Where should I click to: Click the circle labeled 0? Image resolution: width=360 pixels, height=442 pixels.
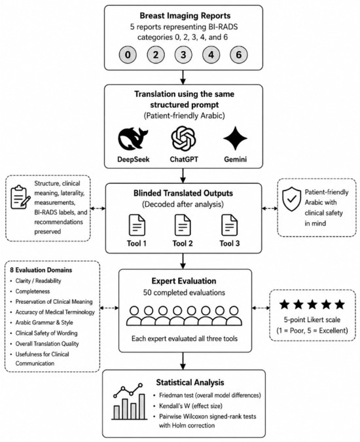coord(128,54)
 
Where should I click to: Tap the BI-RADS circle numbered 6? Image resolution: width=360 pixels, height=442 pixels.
coord(239,54)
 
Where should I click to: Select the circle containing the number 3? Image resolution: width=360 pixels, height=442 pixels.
coord(183,54)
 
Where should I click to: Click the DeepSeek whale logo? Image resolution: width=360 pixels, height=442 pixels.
coord(133,139)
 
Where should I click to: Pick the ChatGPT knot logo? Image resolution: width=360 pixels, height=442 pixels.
coord(183,138)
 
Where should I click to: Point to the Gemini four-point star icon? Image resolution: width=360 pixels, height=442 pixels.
coord(235,138)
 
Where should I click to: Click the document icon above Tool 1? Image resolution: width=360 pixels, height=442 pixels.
coord(137,225)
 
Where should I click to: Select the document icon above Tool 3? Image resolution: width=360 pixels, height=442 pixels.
coord(229,225)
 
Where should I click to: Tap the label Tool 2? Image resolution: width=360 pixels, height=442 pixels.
coord(183,244)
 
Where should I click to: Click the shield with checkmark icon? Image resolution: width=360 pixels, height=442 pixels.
coord(291,200)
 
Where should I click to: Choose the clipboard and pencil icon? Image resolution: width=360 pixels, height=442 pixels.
coord(20,197)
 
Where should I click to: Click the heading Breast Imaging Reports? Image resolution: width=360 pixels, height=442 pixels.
coord(185,16)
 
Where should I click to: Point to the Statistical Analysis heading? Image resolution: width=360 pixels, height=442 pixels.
coord(190,382)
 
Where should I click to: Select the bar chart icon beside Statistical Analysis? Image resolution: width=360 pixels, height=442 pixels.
coord(130,401)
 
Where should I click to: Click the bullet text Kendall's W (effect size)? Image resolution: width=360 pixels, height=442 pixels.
coord(190,406)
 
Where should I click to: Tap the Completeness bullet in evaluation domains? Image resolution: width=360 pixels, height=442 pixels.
coord(33,291)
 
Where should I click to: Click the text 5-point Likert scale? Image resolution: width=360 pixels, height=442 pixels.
coord(312,320)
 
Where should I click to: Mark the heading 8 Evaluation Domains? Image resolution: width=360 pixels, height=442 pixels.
coord(41,270)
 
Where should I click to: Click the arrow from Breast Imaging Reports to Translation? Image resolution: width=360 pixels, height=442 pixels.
coord(183,77)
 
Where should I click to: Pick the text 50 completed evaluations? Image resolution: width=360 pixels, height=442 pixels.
coord(184,293)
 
